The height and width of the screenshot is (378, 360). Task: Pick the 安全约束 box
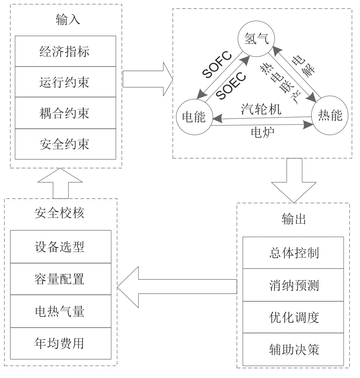[x=65, y=144]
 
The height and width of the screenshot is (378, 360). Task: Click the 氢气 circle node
[x=256, y=39]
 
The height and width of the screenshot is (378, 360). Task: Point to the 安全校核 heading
[x=60, y=212]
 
